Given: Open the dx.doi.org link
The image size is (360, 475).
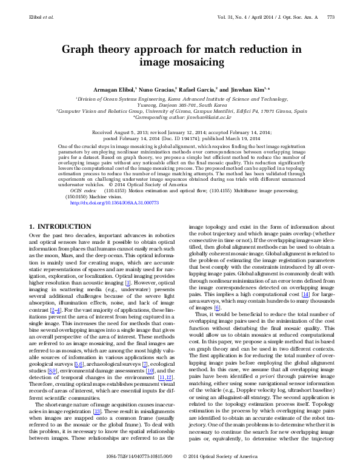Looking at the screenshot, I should pyautogui.click(x=115, y=186).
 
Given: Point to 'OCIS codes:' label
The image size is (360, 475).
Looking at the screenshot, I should pyautogui.click(x=85, y=173).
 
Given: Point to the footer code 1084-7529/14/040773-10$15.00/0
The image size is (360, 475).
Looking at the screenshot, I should pyautogui.click(x=142, y=471).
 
